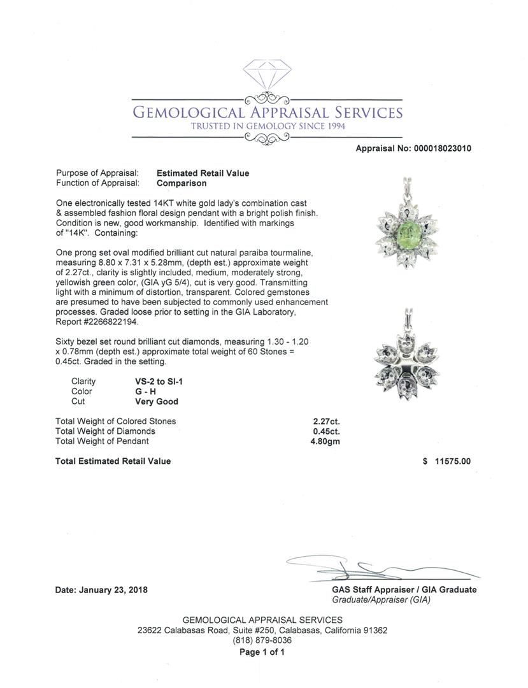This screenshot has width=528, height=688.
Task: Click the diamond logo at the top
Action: coord(267,76)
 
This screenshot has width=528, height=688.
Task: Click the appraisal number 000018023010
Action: coord(440,148)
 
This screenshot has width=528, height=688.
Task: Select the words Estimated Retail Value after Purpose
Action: coord(203,173)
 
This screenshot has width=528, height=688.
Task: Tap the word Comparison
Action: coord(182,183)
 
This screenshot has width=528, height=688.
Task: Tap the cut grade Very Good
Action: coord(156,402)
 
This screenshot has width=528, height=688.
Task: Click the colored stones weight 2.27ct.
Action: coord(326,421)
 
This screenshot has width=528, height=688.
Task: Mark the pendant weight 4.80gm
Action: coord(325,441)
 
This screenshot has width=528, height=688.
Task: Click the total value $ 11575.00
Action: coord(446,461)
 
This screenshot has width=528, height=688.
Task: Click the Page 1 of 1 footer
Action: coord(262,652)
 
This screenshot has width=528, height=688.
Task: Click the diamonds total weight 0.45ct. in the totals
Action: coord(326,431)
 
